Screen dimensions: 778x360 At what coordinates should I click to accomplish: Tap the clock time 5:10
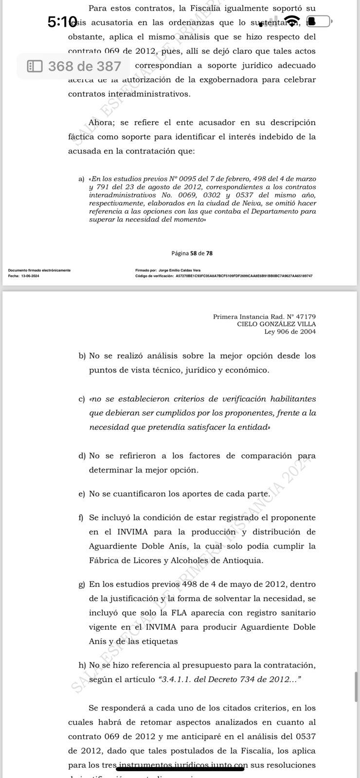(62, 22)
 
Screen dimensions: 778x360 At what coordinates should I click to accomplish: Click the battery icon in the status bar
(319, 21)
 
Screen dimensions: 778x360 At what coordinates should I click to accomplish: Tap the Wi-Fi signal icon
(292, 21)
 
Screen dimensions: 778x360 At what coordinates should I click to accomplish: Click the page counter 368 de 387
(84, 66)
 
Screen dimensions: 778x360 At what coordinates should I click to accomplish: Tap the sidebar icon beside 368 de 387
(35, 66)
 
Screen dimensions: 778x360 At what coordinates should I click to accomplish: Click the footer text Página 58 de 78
(192, 253)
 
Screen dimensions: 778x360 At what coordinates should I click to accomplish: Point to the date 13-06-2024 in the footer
(30, 276)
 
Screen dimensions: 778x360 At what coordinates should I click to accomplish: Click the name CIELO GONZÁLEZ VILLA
(276, 324)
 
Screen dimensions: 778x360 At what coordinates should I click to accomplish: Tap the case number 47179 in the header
(306, 317)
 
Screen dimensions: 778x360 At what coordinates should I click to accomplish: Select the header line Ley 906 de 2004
(290, 332)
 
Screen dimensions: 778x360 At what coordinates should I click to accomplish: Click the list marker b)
(82, 356)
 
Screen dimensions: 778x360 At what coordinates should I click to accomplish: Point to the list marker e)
(82, 494)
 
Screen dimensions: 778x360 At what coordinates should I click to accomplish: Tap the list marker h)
(82, 665)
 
